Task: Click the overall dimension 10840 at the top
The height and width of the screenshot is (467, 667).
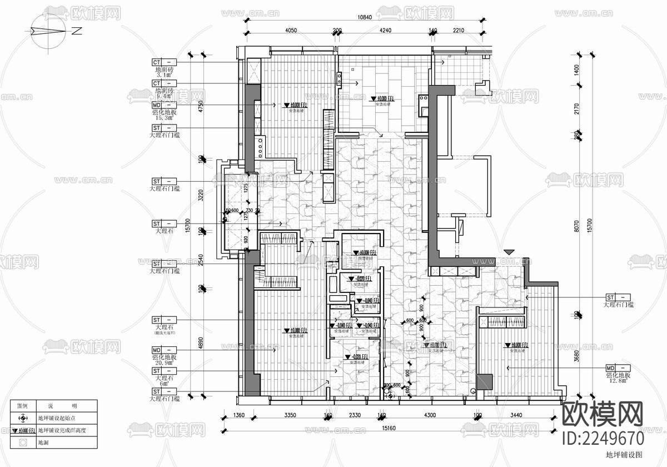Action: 364,17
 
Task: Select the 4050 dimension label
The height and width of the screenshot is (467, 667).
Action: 290,31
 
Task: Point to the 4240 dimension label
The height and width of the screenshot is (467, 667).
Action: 385,31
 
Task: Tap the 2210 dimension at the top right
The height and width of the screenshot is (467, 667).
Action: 458,31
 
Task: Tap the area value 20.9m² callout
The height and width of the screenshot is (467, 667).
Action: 165,362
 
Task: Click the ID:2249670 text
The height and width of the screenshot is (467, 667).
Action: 603,438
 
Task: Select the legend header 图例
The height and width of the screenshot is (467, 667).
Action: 22,406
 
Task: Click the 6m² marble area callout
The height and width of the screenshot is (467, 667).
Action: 165,384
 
